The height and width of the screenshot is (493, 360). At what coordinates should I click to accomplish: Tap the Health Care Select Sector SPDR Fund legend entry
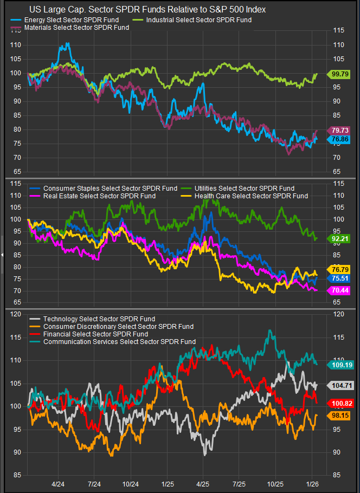[249, 196]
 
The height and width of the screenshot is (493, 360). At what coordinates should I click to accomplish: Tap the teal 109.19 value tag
[339, 365]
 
